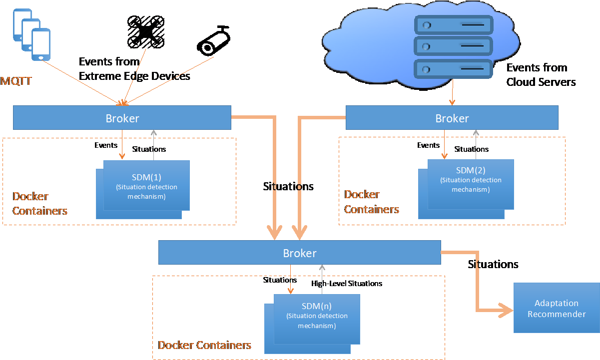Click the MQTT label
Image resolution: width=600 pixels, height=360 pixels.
16,81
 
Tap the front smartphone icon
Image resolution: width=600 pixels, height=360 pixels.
41,44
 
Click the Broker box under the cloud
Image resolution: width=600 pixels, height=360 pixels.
452,118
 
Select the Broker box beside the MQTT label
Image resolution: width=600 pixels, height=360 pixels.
122,118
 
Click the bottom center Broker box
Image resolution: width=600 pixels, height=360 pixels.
299,253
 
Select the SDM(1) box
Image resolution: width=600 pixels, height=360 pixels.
146,186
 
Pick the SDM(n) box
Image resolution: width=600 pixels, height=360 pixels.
317,318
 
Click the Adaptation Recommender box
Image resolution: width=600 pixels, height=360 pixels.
556,308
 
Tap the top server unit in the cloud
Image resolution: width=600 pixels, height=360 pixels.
453,24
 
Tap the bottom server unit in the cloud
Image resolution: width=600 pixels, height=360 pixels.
453,68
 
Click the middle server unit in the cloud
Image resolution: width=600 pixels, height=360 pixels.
453,46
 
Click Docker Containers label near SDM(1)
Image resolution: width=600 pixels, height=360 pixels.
40,203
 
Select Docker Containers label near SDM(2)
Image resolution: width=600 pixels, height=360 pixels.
371,202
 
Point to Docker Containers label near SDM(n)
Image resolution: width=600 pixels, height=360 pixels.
204,345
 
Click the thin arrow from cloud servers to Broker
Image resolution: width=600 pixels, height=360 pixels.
452,92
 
